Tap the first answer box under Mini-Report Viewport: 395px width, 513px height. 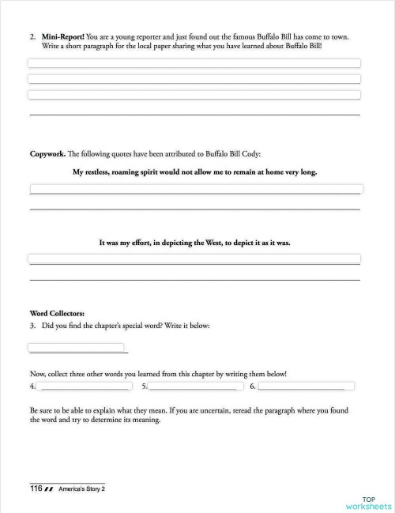(x=194, y=63)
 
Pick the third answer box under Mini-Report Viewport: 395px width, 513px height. (x=194, y=95)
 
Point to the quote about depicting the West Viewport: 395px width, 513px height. (x=194, y=243)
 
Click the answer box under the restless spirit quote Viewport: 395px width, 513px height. (x=196, y=189)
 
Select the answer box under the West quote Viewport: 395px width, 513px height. (x=194, y=258)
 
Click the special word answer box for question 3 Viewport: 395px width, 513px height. (x=76, y=347)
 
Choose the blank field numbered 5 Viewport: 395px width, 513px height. (x=195, y=387)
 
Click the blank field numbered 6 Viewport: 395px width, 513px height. (x=306, y=387)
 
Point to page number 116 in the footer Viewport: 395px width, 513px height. (x=36, y=489)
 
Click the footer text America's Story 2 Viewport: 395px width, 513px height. (x=81, y=489)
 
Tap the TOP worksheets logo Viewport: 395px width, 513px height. (x=368, y=503)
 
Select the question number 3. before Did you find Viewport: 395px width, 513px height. (x=32, y=326)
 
